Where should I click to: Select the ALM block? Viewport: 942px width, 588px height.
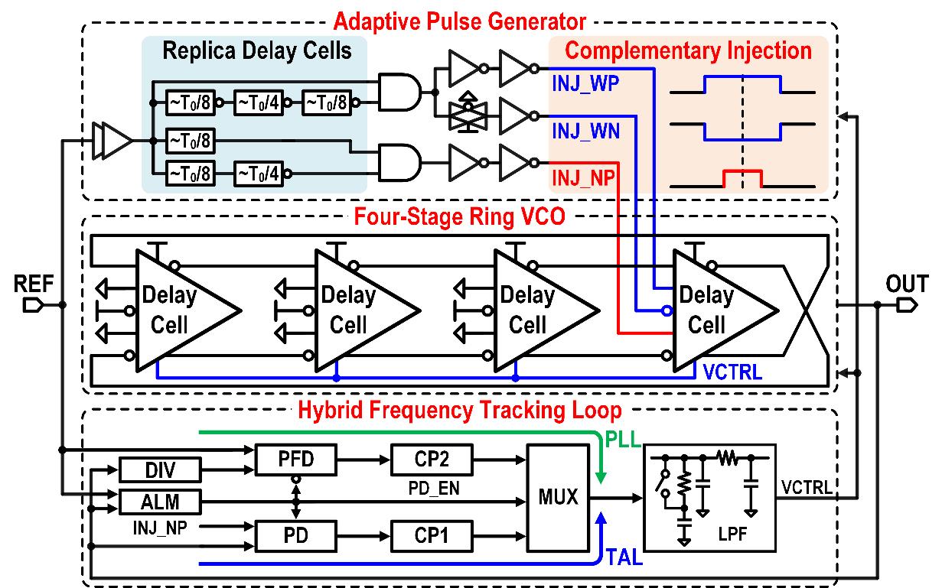160,502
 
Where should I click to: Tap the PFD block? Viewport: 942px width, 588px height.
295,461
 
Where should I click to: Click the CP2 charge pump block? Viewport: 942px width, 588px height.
431,461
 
